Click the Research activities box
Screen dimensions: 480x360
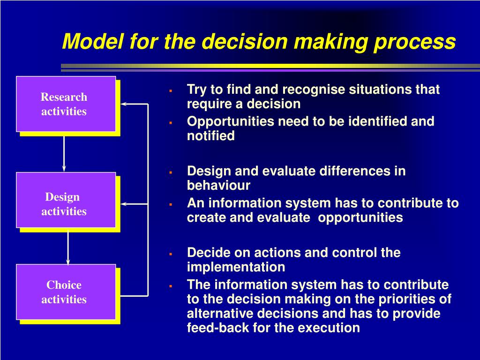coord(66,104)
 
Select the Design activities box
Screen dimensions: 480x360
coord(66,200)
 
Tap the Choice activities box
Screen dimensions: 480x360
coord(66,292)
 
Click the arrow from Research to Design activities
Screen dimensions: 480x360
coord(64,154)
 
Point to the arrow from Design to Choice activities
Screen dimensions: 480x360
coord(68,248)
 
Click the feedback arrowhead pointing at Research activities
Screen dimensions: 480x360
coord(124,104)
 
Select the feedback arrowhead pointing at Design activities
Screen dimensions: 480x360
coord(124,204)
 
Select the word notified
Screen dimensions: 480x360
coord(210,135)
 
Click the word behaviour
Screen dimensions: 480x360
coord(218,185)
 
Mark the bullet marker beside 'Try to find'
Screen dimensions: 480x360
coord(171,90)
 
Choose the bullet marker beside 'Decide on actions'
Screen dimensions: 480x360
coord(171,254)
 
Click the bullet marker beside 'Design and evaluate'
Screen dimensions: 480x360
coord(171,172)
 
